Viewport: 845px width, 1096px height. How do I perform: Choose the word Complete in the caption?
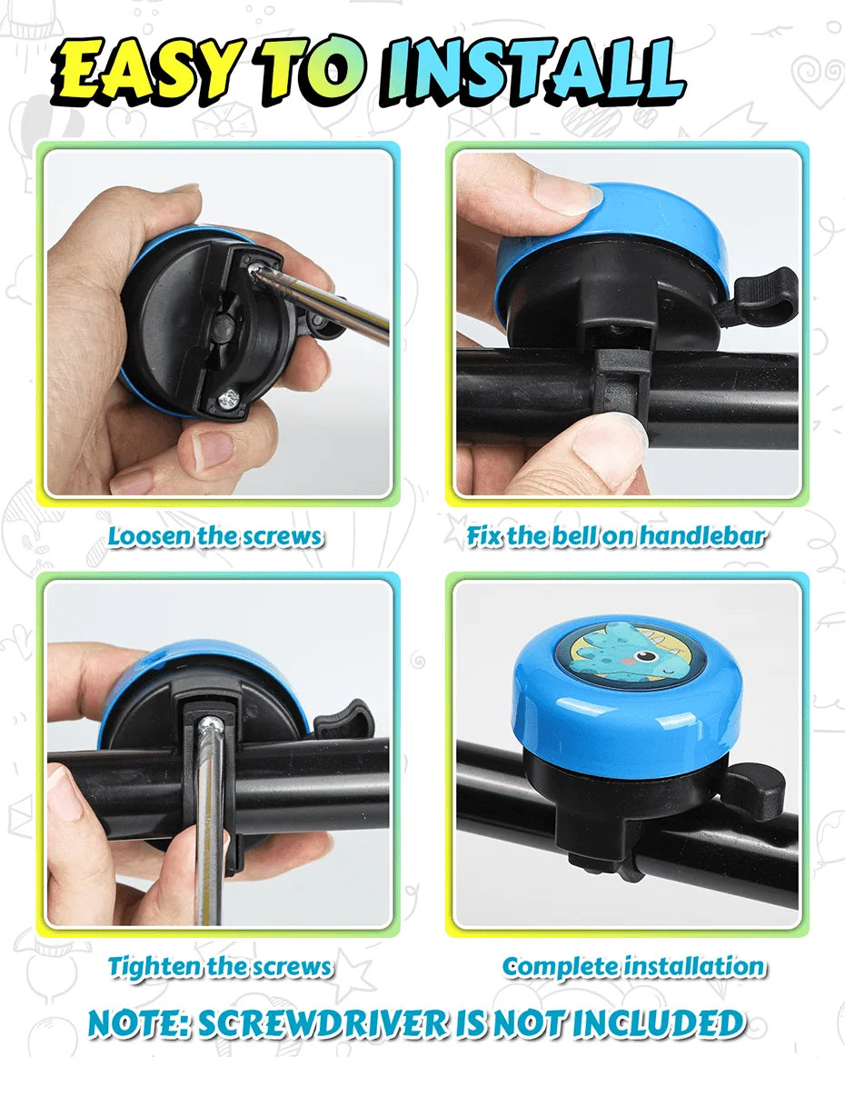(x=561, y=966)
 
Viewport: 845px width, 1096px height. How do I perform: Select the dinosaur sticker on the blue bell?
(x=627, y=650)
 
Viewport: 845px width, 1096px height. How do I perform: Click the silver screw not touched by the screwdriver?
(x=228, y=398)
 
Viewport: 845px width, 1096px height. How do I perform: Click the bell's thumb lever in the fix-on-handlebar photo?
(x=764, y=296)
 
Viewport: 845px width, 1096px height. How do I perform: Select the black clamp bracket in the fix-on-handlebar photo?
(x=621, y=384)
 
